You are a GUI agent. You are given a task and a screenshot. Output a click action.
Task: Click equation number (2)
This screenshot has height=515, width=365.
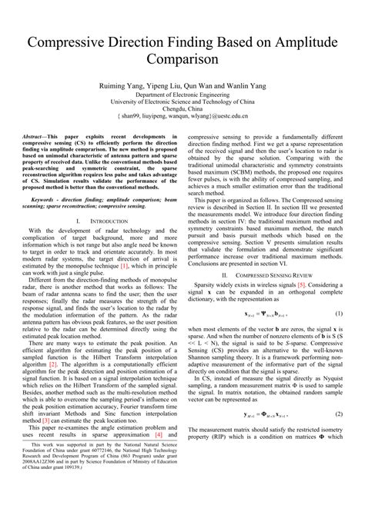tap(338, 412)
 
